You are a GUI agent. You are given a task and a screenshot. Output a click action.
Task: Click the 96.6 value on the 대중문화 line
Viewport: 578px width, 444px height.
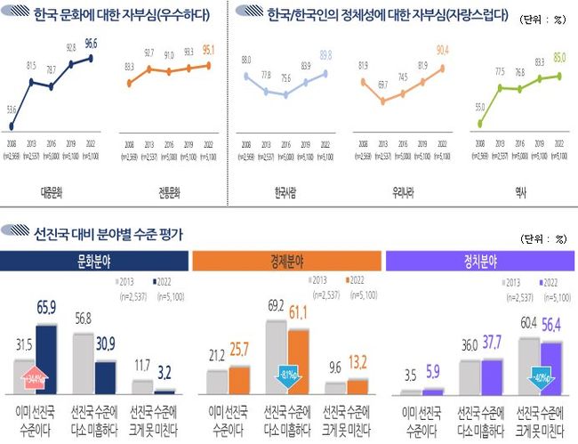click(91, 43)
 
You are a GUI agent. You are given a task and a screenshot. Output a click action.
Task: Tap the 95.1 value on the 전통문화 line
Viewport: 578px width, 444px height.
click(210, 50)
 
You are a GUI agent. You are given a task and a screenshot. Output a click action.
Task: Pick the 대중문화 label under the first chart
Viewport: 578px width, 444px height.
click(51, 190)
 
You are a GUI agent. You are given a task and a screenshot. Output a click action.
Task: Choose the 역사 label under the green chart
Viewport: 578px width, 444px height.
click(519, 190)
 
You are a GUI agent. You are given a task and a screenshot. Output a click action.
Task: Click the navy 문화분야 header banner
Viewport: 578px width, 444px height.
click(95, 261)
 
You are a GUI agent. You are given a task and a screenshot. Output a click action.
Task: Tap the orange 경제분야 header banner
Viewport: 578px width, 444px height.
click(288, 261)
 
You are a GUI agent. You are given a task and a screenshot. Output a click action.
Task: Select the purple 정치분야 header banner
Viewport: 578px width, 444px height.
click(480, 261)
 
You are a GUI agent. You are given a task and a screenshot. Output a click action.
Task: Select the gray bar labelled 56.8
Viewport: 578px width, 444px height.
click(81, 364)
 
